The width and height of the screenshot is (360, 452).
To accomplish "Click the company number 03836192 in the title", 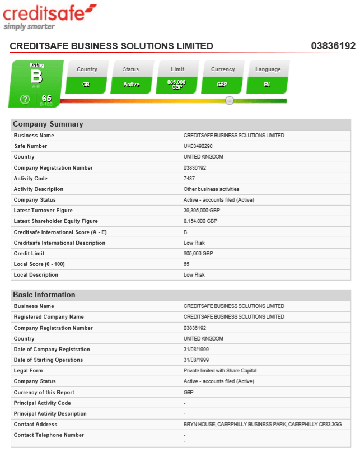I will [333, 46].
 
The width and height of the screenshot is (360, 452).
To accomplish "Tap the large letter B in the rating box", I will [36, 77].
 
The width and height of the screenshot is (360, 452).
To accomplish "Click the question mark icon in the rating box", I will [25, 100].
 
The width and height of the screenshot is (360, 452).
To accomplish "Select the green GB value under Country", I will [86, 85].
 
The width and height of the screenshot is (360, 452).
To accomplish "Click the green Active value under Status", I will [132, 85].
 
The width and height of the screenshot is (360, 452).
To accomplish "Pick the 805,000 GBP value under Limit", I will [177, 85].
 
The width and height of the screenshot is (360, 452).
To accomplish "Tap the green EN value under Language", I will [268, 85].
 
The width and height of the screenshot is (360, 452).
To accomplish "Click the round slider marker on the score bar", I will [230, 100].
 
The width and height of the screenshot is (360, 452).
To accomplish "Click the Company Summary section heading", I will [48, 124].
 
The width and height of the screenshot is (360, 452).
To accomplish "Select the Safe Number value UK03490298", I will [198, 146].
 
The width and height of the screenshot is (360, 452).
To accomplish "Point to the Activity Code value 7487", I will [189, 179].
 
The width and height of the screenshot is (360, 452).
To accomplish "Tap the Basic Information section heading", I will [44, 295].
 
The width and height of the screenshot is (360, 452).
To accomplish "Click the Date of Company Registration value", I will [195, 350].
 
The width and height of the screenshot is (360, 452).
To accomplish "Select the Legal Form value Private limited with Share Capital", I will [220, 371].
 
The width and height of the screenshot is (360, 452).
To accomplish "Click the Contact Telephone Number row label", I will [49, 435].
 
